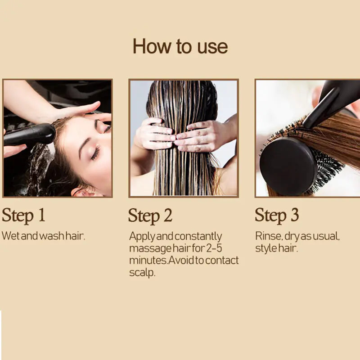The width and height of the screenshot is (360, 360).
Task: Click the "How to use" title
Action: [180, 47]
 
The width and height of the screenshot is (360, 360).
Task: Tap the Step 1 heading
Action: [23, 215]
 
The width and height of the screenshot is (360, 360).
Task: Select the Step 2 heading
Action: [150, 215]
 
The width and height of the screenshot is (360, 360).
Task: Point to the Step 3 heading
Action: [277, 215]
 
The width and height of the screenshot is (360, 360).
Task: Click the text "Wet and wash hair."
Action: [43, 236]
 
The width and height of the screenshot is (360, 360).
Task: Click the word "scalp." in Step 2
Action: [142, 273]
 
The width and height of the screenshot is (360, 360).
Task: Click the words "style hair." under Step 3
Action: [276, 248]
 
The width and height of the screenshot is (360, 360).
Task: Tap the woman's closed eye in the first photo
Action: [95, 153]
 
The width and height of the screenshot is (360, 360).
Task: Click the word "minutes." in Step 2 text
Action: [144, 260]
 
